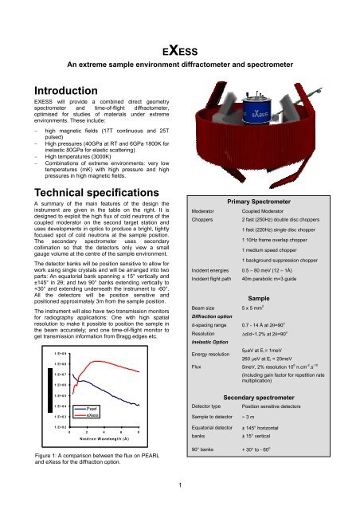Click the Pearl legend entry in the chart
pos(93,406)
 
